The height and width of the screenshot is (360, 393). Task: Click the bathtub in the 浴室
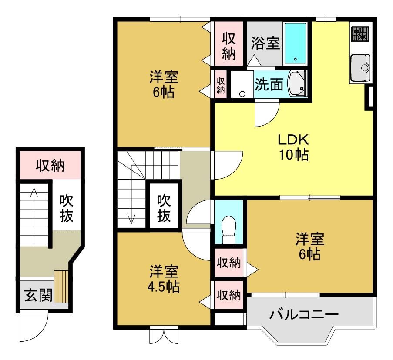point(296,43)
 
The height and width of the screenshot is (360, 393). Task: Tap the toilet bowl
point(229,229)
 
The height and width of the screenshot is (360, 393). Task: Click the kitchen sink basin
point(360,67)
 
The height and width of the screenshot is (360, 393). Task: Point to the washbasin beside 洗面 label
point(297,83)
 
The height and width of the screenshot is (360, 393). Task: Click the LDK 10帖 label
point(293,147)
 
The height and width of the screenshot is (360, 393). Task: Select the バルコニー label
point(304,314)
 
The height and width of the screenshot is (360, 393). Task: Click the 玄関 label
point(38,295)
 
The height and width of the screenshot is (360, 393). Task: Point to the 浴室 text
point(265,43)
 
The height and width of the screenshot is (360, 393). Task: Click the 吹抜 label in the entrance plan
point(67,209)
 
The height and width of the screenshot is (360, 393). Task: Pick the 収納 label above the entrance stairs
point(50,166)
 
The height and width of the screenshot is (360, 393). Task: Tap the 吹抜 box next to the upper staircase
point(164,206)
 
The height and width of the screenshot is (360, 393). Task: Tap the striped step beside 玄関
point(61,287)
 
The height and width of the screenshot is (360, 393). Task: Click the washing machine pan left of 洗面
point(242,84)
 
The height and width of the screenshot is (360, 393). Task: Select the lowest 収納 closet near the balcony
point(228,295)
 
